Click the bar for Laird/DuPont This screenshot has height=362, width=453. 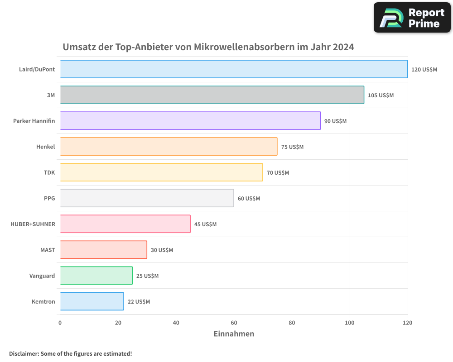(x=233, y=69)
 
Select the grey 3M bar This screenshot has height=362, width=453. (x=212, y=95)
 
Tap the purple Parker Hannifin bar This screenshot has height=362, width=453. (x=190, y=121)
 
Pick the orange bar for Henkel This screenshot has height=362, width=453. (x=169, y=147)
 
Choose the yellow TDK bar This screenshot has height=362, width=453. (x=161, y=172)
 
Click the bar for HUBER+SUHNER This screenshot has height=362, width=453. (x=125, y=224)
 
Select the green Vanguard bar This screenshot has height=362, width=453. (x=96, y=276)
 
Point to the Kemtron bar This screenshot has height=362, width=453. (x=92, y=301)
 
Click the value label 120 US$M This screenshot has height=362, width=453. (x=424, y=70)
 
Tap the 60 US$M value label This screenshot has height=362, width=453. (x=249, y=199)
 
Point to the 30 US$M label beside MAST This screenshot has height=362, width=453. (x=162, y=250)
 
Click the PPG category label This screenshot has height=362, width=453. (x=49, y=199)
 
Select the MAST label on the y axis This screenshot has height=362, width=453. (x=48, y=250)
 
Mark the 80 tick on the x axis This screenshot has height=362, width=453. (x=292, y=323)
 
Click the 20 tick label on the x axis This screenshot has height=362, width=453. (x=118, y=323)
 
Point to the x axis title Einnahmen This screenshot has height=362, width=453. (x=234, y=334)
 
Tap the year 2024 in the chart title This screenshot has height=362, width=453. (x=343, y=47)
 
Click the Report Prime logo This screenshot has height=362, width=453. (x=412, y=18)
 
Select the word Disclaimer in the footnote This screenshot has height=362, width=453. (x=24, y=353)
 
